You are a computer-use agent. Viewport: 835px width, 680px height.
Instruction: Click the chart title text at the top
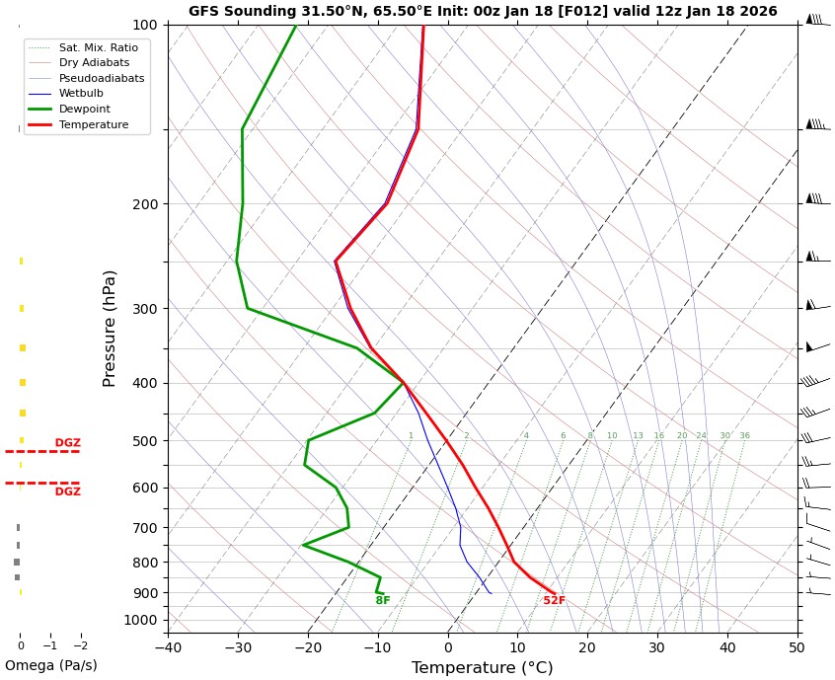(483, 12)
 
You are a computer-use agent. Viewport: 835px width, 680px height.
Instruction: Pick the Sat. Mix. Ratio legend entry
(98, 47)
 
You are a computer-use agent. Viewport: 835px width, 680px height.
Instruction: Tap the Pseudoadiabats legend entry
(101, 78)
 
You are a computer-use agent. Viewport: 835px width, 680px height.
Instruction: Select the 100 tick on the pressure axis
(144, 25)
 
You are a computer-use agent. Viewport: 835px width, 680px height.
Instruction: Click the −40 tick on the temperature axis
(168, 647)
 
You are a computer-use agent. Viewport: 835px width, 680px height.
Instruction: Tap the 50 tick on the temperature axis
(797, 647)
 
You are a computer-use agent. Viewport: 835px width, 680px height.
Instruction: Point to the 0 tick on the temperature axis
(447, 647)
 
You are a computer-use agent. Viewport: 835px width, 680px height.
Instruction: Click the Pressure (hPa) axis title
(111, 328)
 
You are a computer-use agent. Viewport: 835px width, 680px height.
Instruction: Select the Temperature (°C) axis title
(482, 668)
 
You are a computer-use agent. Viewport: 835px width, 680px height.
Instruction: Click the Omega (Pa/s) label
(50, 666)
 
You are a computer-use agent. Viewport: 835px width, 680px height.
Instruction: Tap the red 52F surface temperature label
(554, 601)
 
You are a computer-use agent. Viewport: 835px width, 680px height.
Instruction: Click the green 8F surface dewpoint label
(383, 601)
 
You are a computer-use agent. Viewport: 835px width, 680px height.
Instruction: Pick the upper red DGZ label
(68, 443)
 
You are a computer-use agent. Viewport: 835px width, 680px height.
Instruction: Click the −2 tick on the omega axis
(80, 646)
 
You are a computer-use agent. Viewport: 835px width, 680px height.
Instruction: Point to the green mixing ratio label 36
(744, 436)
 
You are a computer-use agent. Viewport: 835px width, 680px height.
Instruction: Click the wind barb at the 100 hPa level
(814, 20)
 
